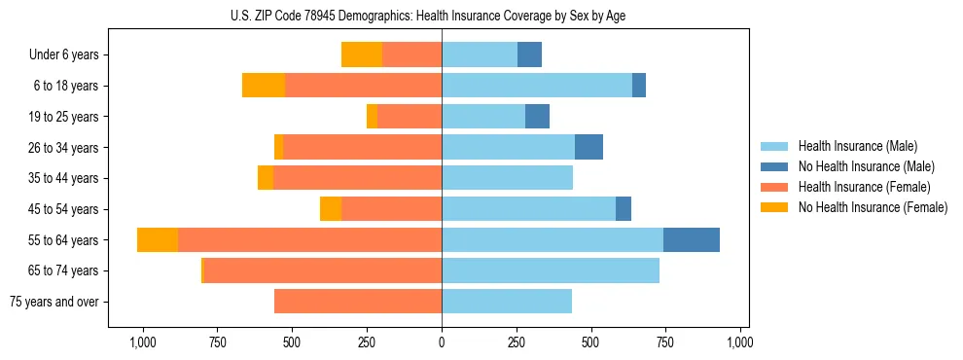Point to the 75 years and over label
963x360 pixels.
53,302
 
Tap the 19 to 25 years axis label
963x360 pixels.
63,117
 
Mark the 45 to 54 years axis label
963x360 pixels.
63,209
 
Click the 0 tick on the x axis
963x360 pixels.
442,342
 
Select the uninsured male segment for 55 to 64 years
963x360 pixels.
691,239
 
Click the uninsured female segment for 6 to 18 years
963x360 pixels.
264,86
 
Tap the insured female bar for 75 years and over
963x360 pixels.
358,302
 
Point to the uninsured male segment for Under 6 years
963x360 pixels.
529,54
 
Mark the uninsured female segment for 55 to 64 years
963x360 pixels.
158,239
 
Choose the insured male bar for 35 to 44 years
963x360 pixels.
507,178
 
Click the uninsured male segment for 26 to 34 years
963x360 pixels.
588,147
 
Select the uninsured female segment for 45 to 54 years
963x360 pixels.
331,209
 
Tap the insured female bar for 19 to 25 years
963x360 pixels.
410,117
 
